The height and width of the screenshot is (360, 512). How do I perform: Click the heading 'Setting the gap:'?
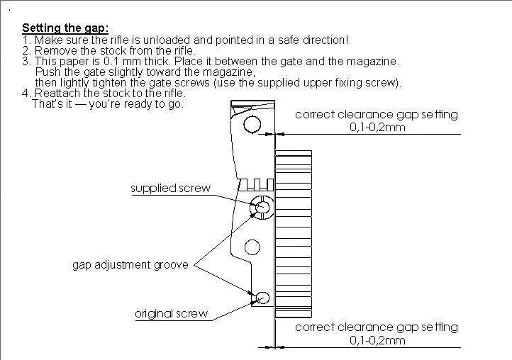point(65,28)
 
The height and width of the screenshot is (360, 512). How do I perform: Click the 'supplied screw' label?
point(171,189)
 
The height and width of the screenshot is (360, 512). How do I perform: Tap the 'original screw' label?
point(172,313)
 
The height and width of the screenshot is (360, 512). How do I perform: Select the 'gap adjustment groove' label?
point(130,265)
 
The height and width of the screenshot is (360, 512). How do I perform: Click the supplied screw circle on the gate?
point(262,207)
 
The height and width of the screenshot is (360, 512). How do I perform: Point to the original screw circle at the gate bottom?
point(262,298)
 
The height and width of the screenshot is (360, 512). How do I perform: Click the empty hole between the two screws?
point(252,247)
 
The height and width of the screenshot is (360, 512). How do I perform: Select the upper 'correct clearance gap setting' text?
point(376,114)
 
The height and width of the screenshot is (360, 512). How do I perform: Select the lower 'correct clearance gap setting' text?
point(376,327)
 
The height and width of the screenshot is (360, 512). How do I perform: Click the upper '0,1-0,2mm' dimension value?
point(377,128)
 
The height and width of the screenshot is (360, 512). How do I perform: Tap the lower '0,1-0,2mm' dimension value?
point(377,341)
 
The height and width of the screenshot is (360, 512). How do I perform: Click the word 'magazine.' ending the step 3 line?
point(375,62)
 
